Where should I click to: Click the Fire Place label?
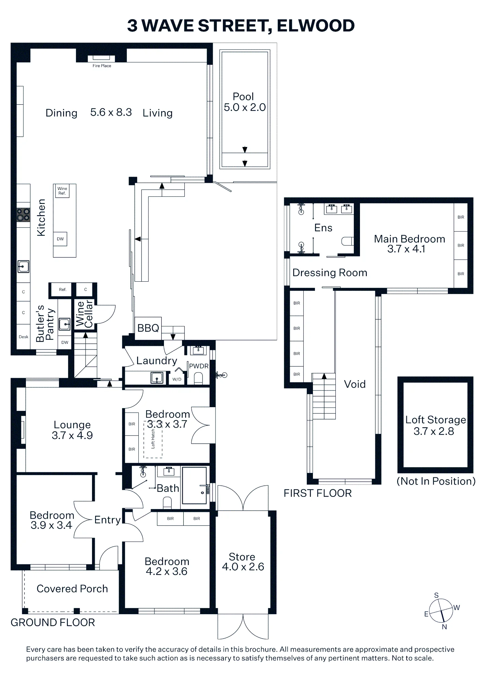(x=102, y=66)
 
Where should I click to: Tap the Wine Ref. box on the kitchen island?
(x=62, y=191)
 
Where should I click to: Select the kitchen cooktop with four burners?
(x=24, y=215)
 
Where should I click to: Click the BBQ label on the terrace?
(x=148, y=328)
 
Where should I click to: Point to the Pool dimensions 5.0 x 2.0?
(x=245, y=107)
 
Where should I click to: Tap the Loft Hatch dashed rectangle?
(x=153, y=439)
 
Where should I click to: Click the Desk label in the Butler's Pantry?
(x=24, y=337)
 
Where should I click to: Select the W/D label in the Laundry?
(x=177, y=379)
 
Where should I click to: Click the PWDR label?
(x=199, y=366)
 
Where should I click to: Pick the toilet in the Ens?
(x=347, y=241)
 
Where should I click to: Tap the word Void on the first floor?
(x=355, y=384)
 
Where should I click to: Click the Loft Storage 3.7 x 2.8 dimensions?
(x=434, y=431)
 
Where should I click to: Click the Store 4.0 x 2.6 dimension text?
(x=243, y=567)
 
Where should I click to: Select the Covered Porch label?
(x=72, y=589)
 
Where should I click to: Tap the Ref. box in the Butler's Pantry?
(x=63, y=290)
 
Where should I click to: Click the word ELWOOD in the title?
(x=316, y=26)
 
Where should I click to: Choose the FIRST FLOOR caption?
(x=318, y=493)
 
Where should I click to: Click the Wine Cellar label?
(x=84, y=314)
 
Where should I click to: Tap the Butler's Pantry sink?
(x=64, y=324)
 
